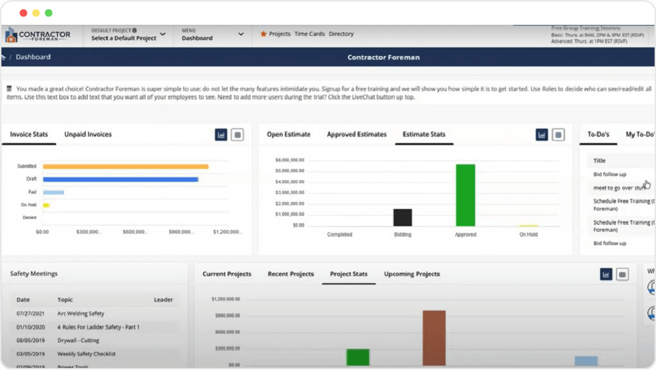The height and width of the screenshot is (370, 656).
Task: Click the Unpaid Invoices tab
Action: [x=88, y=134]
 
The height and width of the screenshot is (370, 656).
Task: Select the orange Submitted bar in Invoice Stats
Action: [x=126, y=166]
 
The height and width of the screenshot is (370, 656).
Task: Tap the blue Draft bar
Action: [x=120, y=179]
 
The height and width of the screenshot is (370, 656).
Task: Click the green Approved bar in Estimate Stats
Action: [x=465, y=195]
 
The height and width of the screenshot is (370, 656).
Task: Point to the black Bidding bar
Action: [x=403, y=218]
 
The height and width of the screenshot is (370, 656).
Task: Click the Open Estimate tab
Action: [x=289, y=134]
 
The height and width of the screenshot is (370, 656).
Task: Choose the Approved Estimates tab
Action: [x=357, y=134]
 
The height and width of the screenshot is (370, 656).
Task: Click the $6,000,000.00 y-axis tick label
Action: [x=290, y=160]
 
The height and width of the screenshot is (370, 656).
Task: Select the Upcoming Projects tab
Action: [x=412, y=274]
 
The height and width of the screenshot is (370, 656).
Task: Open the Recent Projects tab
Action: [x=291, y=274]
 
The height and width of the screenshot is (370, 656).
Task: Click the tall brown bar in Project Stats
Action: [x=434, y=337]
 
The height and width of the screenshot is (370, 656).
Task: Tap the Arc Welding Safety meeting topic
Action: [x=81, y=313]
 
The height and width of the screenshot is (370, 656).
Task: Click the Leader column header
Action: [x=163, y=300]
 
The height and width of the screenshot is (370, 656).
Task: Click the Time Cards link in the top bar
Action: [x=310, y=34]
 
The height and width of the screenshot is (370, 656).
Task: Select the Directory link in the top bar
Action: [x=341, y=34]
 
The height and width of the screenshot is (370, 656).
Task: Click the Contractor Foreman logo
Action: [x=38, y=35]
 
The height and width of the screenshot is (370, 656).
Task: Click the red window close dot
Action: [x=24, y=13]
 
